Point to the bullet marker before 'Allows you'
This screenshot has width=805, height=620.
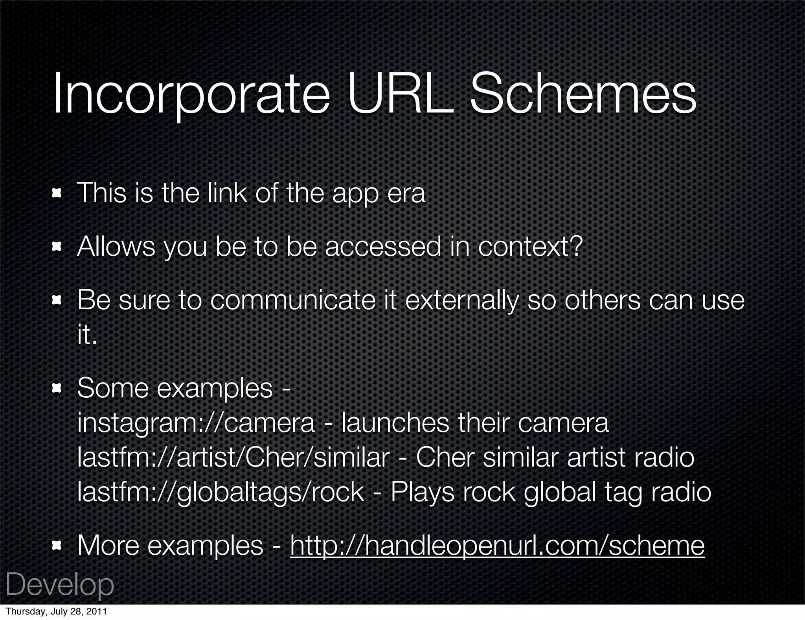click(x=57, y=247)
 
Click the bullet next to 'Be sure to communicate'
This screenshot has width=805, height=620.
click(x=57, y=301)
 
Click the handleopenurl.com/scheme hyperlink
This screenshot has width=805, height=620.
click(x=497, y=546)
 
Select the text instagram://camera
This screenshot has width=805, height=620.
click(x=196, y=423)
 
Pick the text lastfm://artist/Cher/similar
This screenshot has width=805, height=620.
click(x=233, y=458)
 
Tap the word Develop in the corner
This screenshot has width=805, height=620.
click(x=60, y=585)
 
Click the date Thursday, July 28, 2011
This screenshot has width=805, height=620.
click(x=56, y=612)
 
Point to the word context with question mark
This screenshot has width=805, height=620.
click(x=530, y=247)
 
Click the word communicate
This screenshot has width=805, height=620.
click(x=293, y=301)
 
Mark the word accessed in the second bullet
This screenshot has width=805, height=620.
click(x=383, y=247)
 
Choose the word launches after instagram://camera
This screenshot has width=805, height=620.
click(x=395, y=423)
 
